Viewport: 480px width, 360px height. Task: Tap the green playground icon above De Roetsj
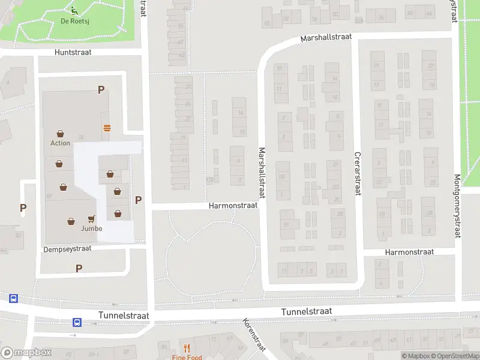(x=74, y=10)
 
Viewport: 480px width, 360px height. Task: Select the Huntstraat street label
(x=73, y=53)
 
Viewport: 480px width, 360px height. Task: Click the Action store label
(x=60, y=143)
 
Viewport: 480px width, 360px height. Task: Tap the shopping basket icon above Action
(x=60, y=133)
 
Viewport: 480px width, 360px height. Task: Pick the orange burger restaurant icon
(x=107, y=127)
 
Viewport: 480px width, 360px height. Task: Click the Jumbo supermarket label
(x=91, y=229)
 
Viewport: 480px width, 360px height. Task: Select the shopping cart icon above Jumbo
(x=91, y=219)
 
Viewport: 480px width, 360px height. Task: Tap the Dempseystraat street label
(x=67, y=248)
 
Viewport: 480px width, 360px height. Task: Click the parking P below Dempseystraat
(x=79, y=268)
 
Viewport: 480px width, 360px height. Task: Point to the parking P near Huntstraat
(x=101, y=90)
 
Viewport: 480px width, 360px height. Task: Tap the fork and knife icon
(x=186, y=348)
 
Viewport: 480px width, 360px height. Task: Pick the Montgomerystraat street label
(x=457, y=206)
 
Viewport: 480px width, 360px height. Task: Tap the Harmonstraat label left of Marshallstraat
(x=233, y=205)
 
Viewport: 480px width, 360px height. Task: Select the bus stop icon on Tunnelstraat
(x=77, y=322)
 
